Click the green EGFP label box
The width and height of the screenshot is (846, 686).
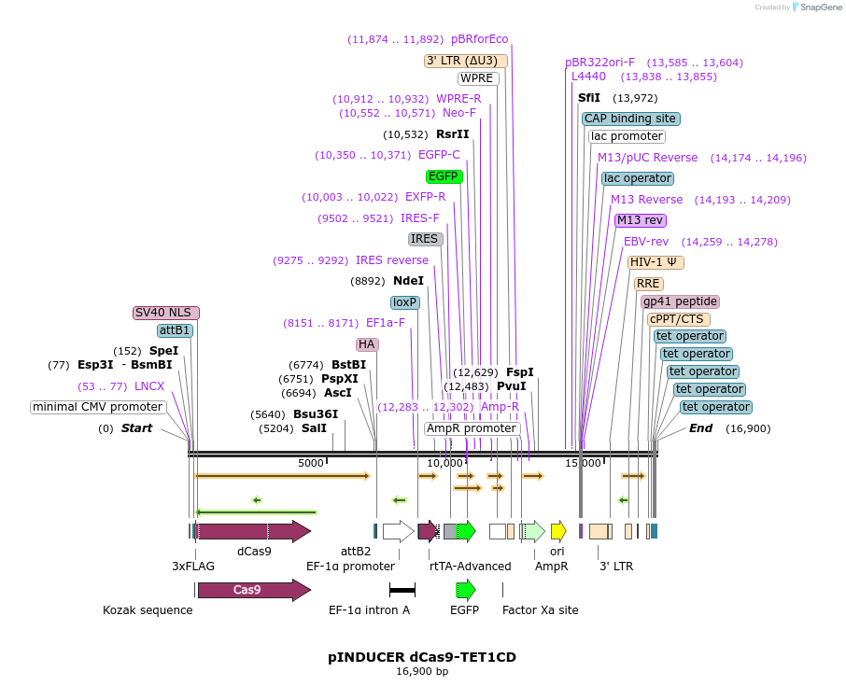[444, 175]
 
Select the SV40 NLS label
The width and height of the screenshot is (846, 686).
[166, 313]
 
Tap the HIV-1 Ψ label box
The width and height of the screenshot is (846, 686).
[656, 262]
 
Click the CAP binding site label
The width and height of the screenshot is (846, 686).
[630, 119]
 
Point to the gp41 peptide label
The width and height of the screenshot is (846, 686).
[680, 301]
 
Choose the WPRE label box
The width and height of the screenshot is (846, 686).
[477, 78]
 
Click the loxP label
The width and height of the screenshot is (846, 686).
[405, 302]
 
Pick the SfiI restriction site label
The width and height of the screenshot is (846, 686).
[589, 98]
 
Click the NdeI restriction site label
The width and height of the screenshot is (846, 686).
[408, 280]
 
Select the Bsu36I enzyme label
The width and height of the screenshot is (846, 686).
[316, 414]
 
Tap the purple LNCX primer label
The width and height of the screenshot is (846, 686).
[149, 385]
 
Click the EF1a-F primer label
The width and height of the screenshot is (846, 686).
[386, 323]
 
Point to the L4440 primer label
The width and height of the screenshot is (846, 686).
[588, 77]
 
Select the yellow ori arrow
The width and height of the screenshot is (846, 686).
[558, 532]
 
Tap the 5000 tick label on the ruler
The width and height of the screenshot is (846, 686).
[311, 463]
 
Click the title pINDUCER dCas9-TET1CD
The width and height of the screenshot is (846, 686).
[422, 657]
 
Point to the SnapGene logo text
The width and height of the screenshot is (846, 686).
[818, 7]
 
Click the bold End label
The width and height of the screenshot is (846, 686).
[700, 428]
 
